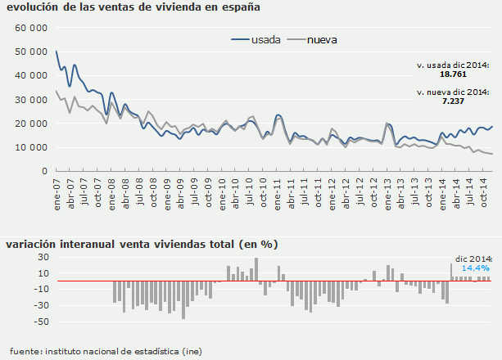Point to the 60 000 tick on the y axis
pos(31,28)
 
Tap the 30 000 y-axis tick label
pos(31,100)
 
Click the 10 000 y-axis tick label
pos(31,147)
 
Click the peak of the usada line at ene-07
pos(57,52)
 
